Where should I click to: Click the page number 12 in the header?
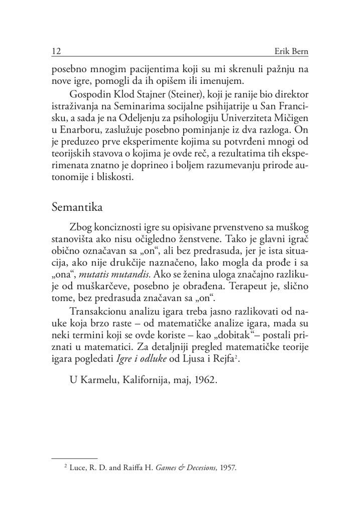pyautogui.click(x=56, y=52)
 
